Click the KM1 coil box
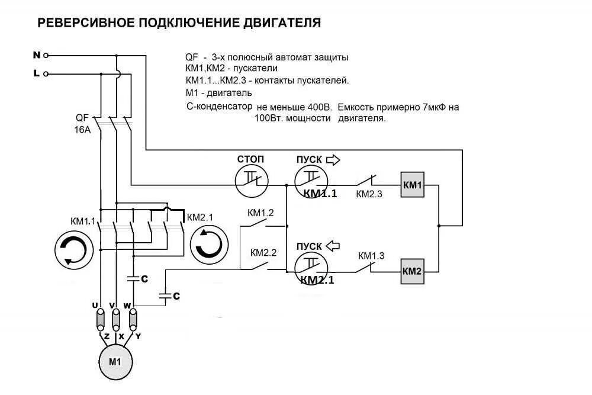pyautogui.click(x=412, y=185)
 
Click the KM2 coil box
pyautogui.click(x=412, y=271)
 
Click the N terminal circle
pyautogui.click(x=46, y=55)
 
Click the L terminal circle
pyautogui.click(x=46, y=74)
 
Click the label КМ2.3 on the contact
pyautogui.click(x=369, y=194)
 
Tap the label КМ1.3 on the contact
pyautogui.click(x=371, y=256)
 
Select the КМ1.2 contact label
pyautogui.click(x=260, y=213)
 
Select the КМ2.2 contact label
pyautogui.click(x=263, y=252)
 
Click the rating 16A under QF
pyautogui.click(x=82, y=130)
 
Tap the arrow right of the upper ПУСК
pyautogui.click(x=334, y=159)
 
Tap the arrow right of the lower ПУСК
pyautogui.click(x=334, y=246)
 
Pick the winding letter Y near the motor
pyautogui.click(x=138, y=336)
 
